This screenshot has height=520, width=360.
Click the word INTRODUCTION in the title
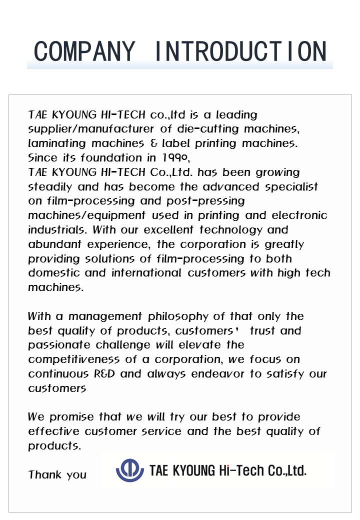pyautogui.click(x=241, y=51)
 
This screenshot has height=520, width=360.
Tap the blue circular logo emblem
pyautogui.click(x=129, y=470)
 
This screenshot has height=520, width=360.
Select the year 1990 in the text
pyautogui.click(x=175, y=158)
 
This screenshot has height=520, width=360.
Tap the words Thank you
pyautogui.click(x=57, y=474)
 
